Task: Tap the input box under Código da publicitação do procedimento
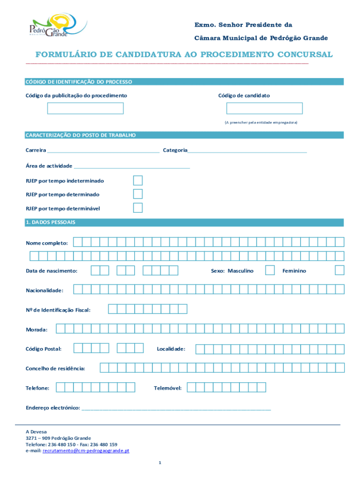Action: [x=85, y=109]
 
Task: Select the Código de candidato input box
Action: [x=264, y=109]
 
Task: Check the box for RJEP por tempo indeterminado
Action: [x=137, y=181]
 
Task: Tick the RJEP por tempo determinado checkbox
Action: [x=137, y=194]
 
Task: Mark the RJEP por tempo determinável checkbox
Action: [x=137, y=208]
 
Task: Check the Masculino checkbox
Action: [x=270, y=270]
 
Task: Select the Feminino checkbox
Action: [x=339, y=270]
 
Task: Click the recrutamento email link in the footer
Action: [x=86, y=451]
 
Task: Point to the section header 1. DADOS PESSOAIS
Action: [x=50, y=222]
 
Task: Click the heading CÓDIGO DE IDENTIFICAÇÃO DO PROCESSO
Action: [x=79, y=82]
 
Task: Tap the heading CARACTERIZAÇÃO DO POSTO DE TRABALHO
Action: [x=80, y=135]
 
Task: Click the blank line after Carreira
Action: [x=103, y=151]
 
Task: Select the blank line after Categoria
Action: [x=247, y=151]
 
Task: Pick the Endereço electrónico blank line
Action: [x=176, y=408]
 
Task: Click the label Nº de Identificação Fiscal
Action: [x=58, y=310]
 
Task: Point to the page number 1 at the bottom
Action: [x=159, y=463]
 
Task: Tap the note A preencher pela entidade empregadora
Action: [x=260, y=122]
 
